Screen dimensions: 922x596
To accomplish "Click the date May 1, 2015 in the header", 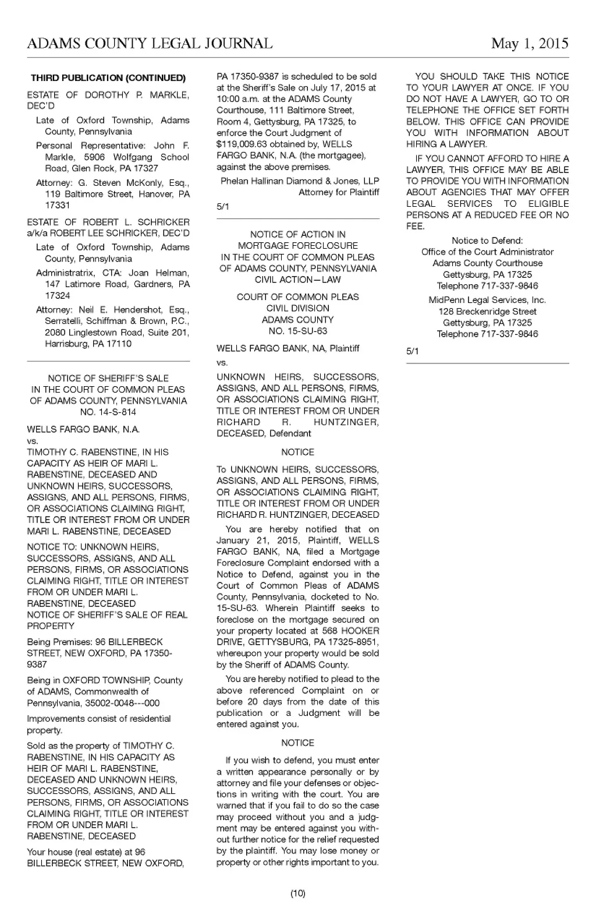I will [529, 44].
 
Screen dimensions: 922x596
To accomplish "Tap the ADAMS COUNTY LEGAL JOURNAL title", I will [150, 44].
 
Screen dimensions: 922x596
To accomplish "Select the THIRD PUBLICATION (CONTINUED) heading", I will [108, 78].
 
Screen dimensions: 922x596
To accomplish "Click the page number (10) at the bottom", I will [297, 893].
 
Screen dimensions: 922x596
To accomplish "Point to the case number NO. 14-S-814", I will [108, 412].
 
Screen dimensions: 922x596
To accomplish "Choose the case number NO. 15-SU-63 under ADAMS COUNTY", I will [297, 331].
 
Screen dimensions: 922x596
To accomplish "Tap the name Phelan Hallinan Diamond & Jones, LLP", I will [300, 181].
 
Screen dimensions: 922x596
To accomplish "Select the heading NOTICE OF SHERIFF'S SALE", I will [108, 378].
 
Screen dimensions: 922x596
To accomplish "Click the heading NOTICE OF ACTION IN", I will [297, 234].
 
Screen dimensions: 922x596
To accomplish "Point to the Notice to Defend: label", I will [487, 241].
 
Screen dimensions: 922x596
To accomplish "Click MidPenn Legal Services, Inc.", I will [487, 300].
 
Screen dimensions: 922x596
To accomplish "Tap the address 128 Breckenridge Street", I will [487, 312].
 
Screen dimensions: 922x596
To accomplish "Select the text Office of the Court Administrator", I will [487, 252].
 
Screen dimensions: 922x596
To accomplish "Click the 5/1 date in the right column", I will [412, 351].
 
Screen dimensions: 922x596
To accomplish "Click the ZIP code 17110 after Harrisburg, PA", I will [119, 344].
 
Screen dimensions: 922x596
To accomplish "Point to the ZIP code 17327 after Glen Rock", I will [146, 168].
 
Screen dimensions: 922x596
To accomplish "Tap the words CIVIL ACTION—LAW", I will [297, 280].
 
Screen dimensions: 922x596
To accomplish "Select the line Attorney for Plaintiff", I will [339, 192].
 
